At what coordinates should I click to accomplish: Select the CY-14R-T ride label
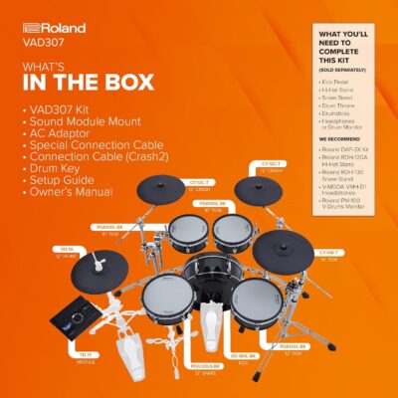tap(331, 254)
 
